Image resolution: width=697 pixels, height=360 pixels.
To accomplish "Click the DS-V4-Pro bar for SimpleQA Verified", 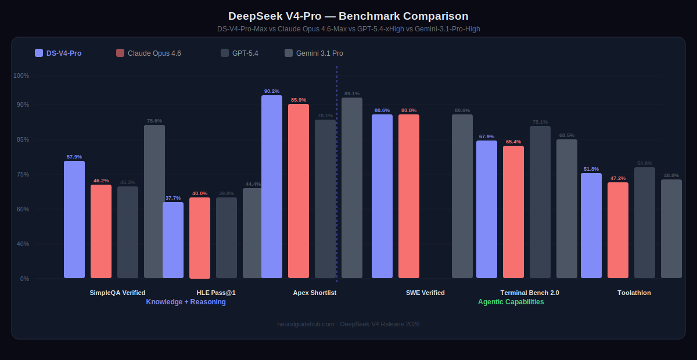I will (x=74, y=219).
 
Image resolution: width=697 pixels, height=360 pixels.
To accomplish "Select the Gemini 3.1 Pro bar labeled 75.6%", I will (x=155, y=201).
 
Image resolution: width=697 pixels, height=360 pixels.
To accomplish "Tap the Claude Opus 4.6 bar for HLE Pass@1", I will (x=200, y=238).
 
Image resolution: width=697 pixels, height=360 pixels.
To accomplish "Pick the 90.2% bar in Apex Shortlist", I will (x=272, y=186).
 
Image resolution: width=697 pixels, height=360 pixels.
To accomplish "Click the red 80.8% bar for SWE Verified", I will (x=409, y=196).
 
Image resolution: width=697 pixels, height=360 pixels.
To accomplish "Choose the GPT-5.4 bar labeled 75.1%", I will (x=540, y=202).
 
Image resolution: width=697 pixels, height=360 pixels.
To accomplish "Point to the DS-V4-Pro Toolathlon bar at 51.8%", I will (x=591, y=225).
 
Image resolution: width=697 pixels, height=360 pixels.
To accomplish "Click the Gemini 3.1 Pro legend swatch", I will (x=289, y=53).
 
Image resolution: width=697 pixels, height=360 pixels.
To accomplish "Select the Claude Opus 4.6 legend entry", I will (x=149, y=53).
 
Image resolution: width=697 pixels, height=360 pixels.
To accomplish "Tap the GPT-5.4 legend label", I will (x=245, y=53).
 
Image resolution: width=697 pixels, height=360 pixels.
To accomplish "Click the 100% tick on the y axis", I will (x=21, y=75).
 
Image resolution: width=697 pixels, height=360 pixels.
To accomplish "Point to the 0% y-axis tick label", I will (x=24, y=279).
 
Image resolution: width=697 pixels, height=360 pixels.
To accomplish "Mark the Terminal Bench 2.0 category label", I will (x=530, y=293).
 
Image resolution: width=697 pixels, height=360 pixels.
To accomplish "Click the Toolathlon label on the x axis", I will (x=634, y=293).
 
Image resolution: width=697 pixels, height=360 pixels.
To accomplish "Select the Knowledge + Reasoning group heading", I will (x=186, y=302).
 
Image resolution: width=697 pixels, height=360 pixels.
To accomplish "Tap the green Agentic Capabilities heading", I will (x=511, y=302).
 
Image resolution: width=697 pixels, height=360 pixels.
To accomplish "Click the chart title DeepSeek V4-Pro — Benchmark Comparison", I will (x=348, y=16).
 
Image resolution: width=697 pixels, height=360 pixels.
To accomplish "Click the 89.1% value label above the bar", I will (x=352, y=93).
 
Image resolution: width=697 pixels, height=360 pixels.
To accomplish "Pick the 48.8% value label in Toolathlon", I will (x=671, y=175).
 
